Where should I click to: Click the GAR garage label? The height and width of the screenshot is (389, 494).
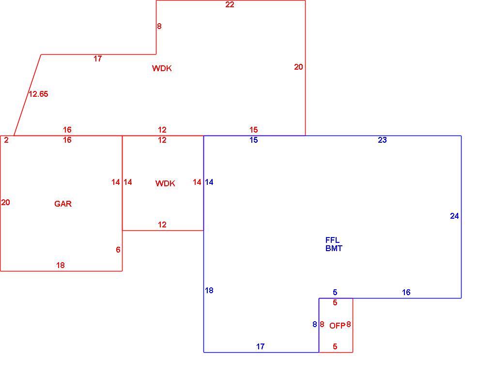coord(63,204)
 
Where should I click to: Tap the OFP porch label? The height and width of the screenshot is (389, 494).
coord(337,326)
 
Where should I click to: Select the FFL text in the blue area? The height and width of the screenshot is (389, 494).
coord(332,240)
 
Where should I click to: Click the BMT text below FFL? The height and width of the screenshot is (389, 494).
coord(334,248)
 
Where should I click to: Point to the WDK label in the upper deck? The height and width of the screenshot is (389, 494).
coord(162,68)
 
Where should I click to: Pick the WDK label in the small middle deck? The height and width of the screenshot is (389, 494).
coord(165,183)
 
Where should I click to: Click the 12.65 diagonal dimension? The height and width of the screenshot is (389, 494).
coord(38,94)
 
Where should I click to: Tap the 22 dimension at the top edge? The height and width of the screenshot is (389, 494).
coord(230,4)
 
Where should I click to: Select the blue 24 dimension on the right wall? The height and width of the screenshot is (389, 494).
coord(454,216)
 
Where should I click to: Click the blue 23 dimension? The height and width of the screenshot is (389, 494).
coord(382,140)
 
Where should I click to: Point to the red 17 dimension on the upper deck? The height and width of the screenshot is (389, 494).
coord(98,59)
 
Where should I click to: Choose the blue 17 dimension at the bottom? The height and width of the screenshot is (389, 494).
coord(260,346)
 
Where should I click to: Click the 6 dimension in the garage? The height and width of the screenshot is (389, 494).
coord(118,250)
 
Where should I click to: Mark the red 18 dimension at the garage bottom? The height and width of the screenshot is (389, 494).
coord(61,265)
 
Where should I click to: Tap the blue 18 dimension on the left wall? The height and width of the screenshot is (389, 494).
coord(209,290)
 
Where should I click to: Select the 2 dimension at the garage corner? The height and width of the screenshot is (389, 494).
coord(6,140)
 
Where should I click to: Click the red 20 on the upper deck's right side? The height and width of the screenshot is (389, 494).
coord(298,67)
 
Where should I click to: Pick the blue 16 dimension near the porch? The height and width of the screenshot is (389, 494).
coord(406,292)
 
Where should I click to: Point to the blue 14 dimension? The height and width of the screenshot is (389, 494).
coord(209,182)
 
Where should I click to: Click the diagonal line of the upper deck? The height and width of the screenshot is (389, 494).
coord(28,95)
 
